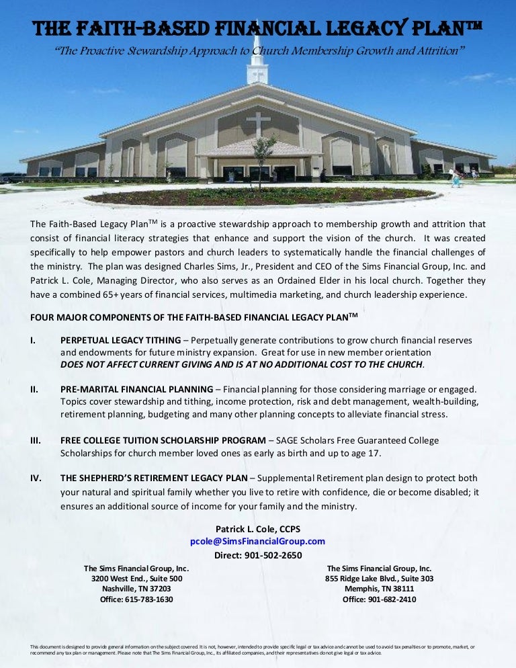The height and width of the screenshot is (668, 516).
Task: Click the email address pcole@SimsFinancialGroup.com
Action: click(258, 541)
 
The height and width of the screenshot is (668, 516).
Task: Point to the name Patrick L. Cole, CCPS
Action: click(258, 529)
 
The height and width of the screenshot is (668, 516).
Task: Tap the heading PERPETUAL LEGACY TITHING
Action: click(121, 340)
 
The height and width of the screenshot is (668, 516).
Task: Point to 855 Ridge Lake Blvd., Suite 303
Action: click(379, 579)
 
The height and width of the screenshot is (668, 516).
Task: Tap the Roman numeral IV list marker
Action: click(36, 478)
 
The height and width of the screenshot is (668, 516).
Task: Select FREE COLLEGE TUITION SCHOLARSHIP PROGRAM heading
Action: click(163, 440)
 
